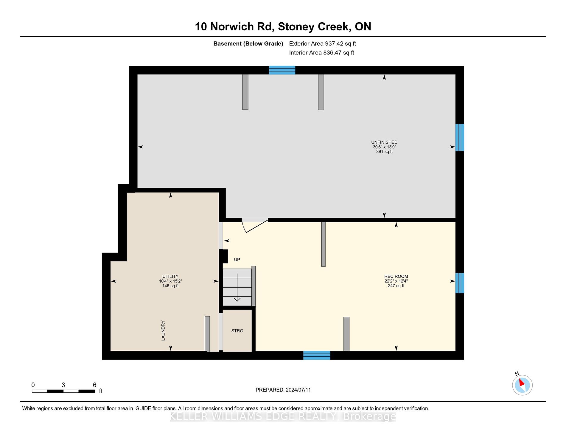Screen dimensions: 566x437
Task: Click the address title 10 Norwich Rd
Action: [234, 27]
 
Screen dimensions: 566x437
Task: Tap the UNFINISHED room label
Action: [384, 142]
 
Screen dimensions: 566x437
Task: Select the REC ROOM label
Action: [396, 276]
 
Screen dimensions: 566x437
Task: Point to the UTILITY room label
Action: [170, 276]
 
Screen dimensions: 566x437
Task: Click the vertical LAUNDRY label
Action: [163, 330]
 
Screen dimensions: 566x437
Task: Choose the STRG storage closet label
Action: [237, 331]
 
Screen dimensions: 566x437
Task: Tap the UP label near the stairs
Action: [237, 260]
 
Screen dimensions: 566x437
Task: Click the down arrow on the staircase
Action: [237, 287]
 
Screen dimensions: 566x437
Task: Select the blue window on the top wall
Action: [282, 70]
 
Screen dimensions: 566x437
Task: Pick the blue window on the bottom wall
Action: [317, 355]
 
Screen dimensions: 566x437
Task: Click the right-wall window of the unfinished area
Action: [460, 137]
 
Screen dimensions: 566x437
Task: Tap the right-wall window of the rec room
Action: [460, 283]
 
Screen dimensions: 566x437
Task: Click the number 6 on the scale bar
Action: [94, 385]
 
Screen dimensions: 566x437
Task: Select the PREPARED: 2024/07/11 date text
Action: [283, 390]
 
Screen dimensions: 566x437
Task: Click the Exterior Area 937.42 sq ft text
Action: [323, 43]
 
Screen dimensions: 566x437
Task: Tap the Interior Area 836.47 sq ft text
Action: [322, 53]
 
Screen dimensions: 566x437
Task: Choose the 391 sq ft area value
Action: [384, 152]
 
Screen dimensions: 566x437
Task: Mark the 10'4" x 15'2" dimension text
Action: [170, 281]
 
